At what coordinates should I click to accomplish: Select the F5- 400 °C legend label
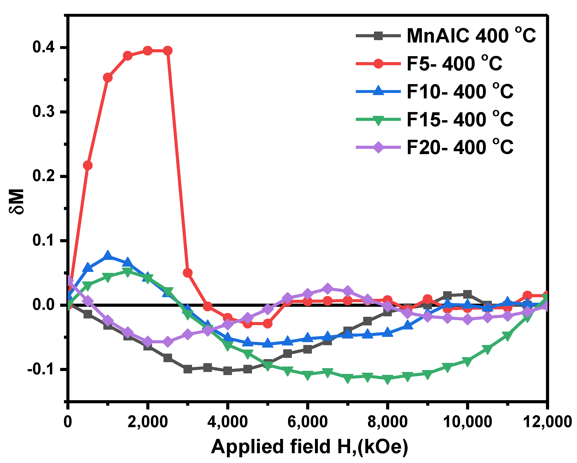click(x=454, y=64)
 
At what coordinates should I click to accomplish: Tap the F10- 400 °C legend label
click(x=460, y=92)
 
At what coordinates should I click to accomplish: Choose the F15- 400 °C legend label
click(x=460, y=119)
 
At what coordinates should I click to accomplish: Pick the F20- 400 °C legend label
click(x=460, y=147)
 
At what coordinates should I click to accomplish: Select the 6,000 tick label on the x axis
click(x=307, y=422)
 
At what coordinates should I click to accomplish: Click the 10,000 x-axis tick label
click(x=467, y=422)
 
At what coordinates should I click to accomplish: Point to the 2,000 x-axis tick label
click(x=147, y=422)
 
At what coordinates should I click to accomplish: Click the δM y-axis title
click(x=17, y=201)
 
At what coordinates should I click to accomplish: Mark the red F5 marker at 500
click(x=88, y=165)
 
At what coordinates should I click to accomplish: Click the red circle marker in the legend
click(x=378, y=64)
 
